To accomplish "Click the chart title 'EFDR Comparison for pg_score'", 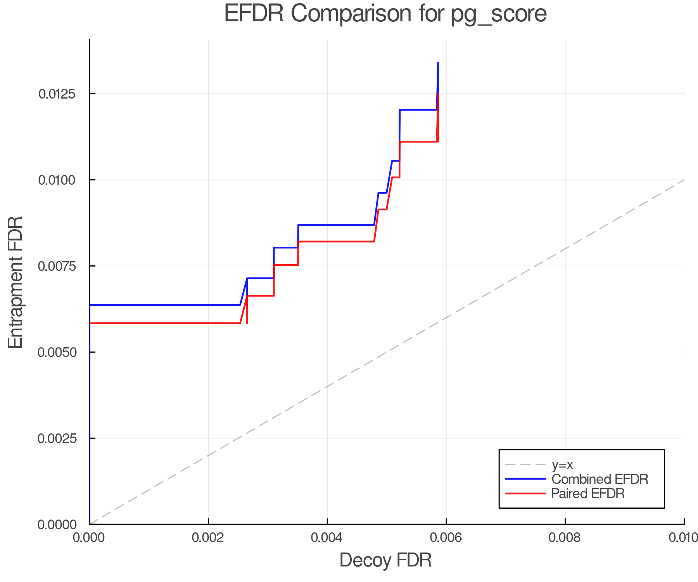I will click(385, 14).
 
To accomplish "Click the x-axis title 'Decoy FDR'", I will click(385, 560).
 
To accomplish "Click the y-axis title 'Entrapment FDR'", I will click(16, 282).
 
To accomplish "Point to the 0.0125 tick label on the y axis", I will click(57, 94).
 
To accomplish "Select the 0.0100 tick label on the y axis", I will click(57, 180).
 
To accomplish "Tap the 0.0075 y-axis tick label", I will click(57, 266).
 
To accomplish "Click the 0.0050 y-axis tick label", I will click(57, 352).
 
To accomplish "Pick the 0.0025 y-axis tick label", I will click(57, 438).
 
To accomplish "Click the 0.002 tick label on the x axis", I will click(208, 538).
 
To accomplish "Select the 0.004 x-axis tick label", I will click(327, 538).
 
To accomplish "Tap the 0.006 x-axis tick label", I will click(446, 538).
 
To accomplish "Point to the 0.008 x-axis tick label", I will click(565, 538).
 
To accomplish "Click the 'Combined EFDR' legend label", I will click(600, 479).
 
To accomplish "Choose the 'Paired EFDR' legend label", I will click(587, 494).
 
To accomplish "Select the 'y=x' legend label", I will click(562, 465).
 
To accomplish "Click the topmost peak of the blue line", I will click(438, 63).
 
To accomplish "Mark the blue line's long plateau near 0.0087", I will click(336, 225).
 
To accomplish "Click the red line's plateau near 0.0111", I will click(418, 142).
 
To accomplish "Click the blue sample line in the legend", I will click(525, 479).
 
